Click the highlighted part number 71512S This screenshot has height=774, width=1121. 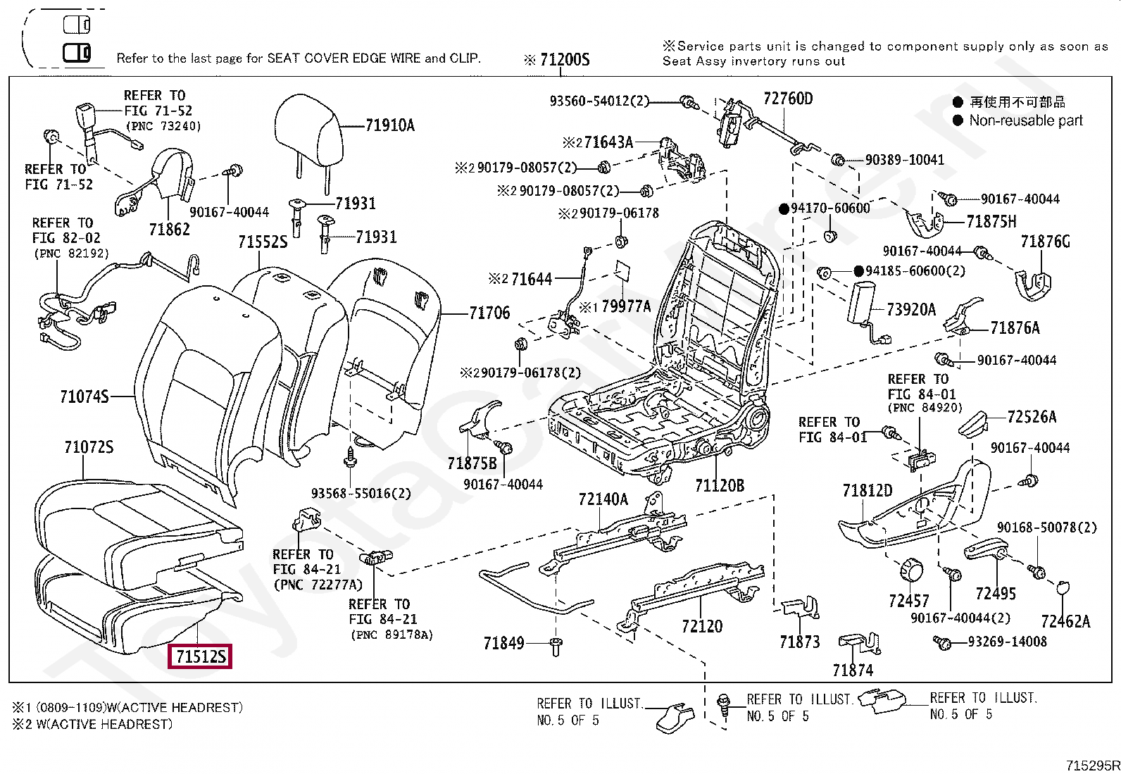tap(201, 656)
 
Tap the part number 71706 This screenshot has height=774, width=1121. tap(489, 313)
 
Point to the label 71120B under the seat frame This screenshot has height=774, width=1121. tap(719, 485)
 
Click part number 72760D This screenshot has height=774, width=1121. tap(788, 99)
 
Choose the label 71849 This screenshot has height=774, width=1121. tap(503, 642)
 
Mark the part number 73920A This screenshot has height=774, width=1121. tap(911, 309)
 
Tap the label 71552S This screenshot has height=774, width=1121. tap(263, 242)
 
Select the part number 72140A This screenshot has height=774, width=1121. tap(603, 499)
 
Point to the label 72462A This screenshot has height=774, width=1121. tap(1065, 620)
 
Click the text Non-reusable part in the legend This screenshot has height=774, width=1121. tap(1025, 120)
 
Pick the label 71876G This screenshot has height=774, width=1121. tap(1045, 242)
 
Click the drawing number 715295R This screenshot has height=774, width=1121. tap(1092, 766)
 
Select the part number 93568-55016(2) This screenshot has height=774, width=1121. tap(361, 493)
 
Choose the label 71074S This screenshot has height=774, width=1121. tap(84, 397)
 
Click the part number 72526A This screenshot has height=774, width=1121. tap(1032, 417)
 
